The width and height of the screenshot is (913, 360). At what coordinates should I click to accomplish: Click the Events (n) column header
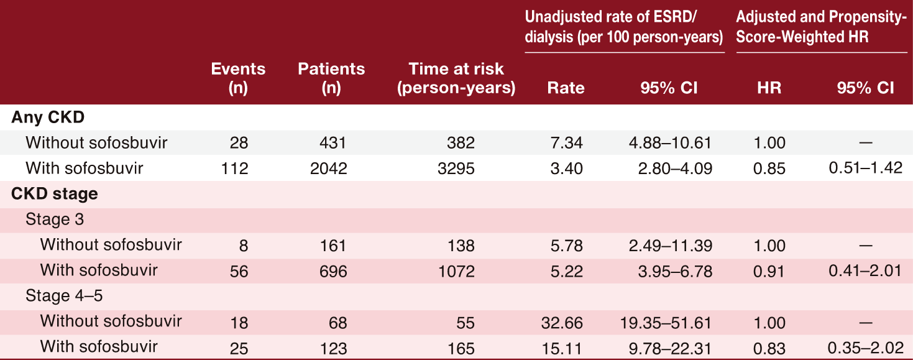point(238,78)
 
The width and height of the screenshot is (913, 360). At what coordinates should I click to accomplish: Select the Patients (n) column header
point(331,78)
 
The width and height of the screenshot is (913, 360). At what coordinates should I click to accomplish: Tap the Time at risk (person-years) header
point(456,78)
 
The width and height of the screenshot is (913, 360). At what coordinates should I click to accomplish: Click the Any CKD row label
point(48,118)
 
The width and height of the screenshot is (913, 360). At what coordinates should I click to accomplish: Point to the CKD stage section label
point(54,193)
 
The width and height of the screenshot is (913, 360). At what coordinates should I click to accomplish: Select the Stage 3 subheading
point(55,219)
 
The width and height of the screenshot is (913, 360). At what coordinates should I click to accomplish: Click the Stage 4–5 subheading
point(64,295)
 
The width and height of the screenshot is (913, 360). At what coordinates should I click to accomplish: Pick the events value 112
point(234,168)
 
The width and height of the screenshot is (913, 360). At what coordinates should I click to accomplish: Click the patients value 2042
point(329,168)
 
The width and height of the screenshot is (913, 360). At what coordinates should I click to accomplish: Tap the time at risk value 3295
point(456,168)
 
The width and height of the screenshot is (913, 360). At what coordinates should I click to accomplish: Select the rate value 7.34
point(566,143)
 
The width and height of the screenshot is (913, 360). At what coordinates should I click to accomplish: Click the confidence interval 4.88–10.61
point(670,143)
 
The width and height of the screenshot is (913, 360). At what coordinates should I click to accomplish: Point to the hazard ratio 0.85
point(769,168)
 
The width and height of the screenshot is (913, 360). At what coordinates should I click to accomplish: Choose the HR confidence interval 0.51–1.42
point(865,168)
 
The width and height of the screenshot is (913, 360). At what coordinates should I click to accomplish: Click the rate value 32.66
point(562,323)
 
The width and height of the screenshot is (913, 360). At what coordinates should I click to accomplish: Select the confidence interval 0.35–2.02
point(865,348)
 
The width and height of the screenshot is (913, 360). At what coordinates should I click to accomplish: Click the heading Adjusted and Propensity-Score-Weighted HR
point(821,27)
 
